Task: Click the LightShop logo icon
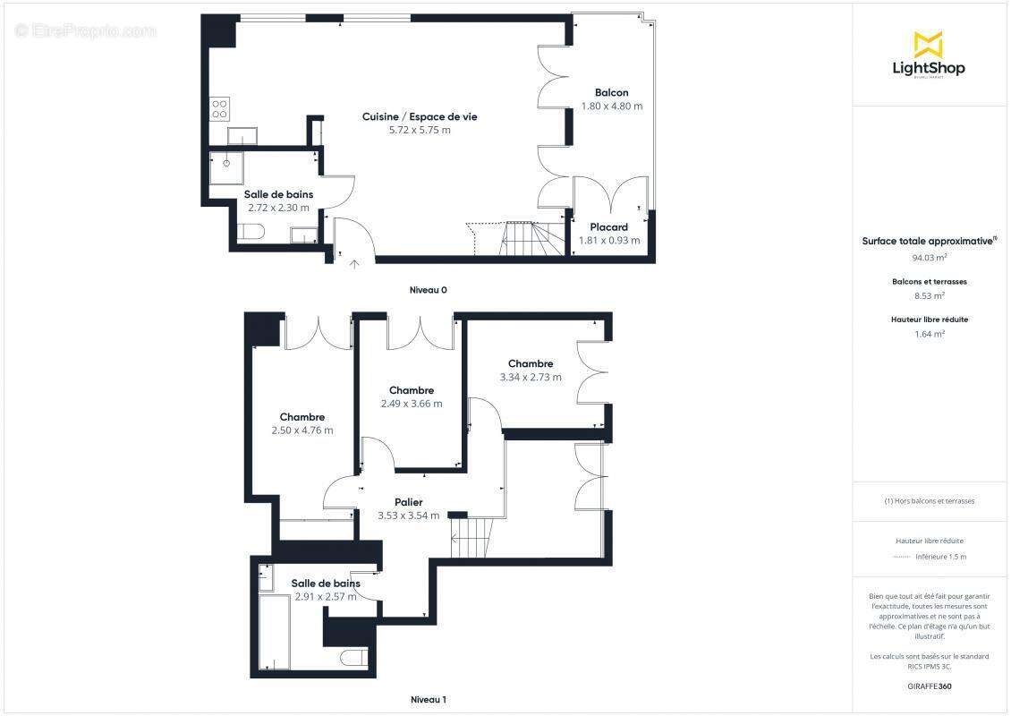click(x=928, y=44)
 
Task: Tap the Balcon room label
click(x=612, y=92)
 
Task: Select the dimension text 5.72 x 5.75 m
click(x=420, y=130)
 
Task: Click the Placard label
click(x=609, y=227)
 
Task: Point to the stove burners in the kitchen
click(x=219, y=109)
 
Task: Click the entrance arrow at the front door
click(x=354, y=263)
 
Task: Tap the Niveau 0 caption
click(x=428, y=290)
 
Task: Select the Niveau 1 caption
click(x=428, y=699)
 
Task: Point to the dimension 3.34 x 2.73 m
click(x=531, y=377)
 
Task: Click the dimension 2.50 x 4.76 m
click(x=302, y=430)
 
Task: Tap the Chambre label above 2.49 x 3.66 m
click(x=412, y=390)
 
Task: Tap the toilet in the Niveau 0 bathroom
click(x=251, y=234)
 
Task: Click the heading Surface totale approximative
click(x=928, y=241)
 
